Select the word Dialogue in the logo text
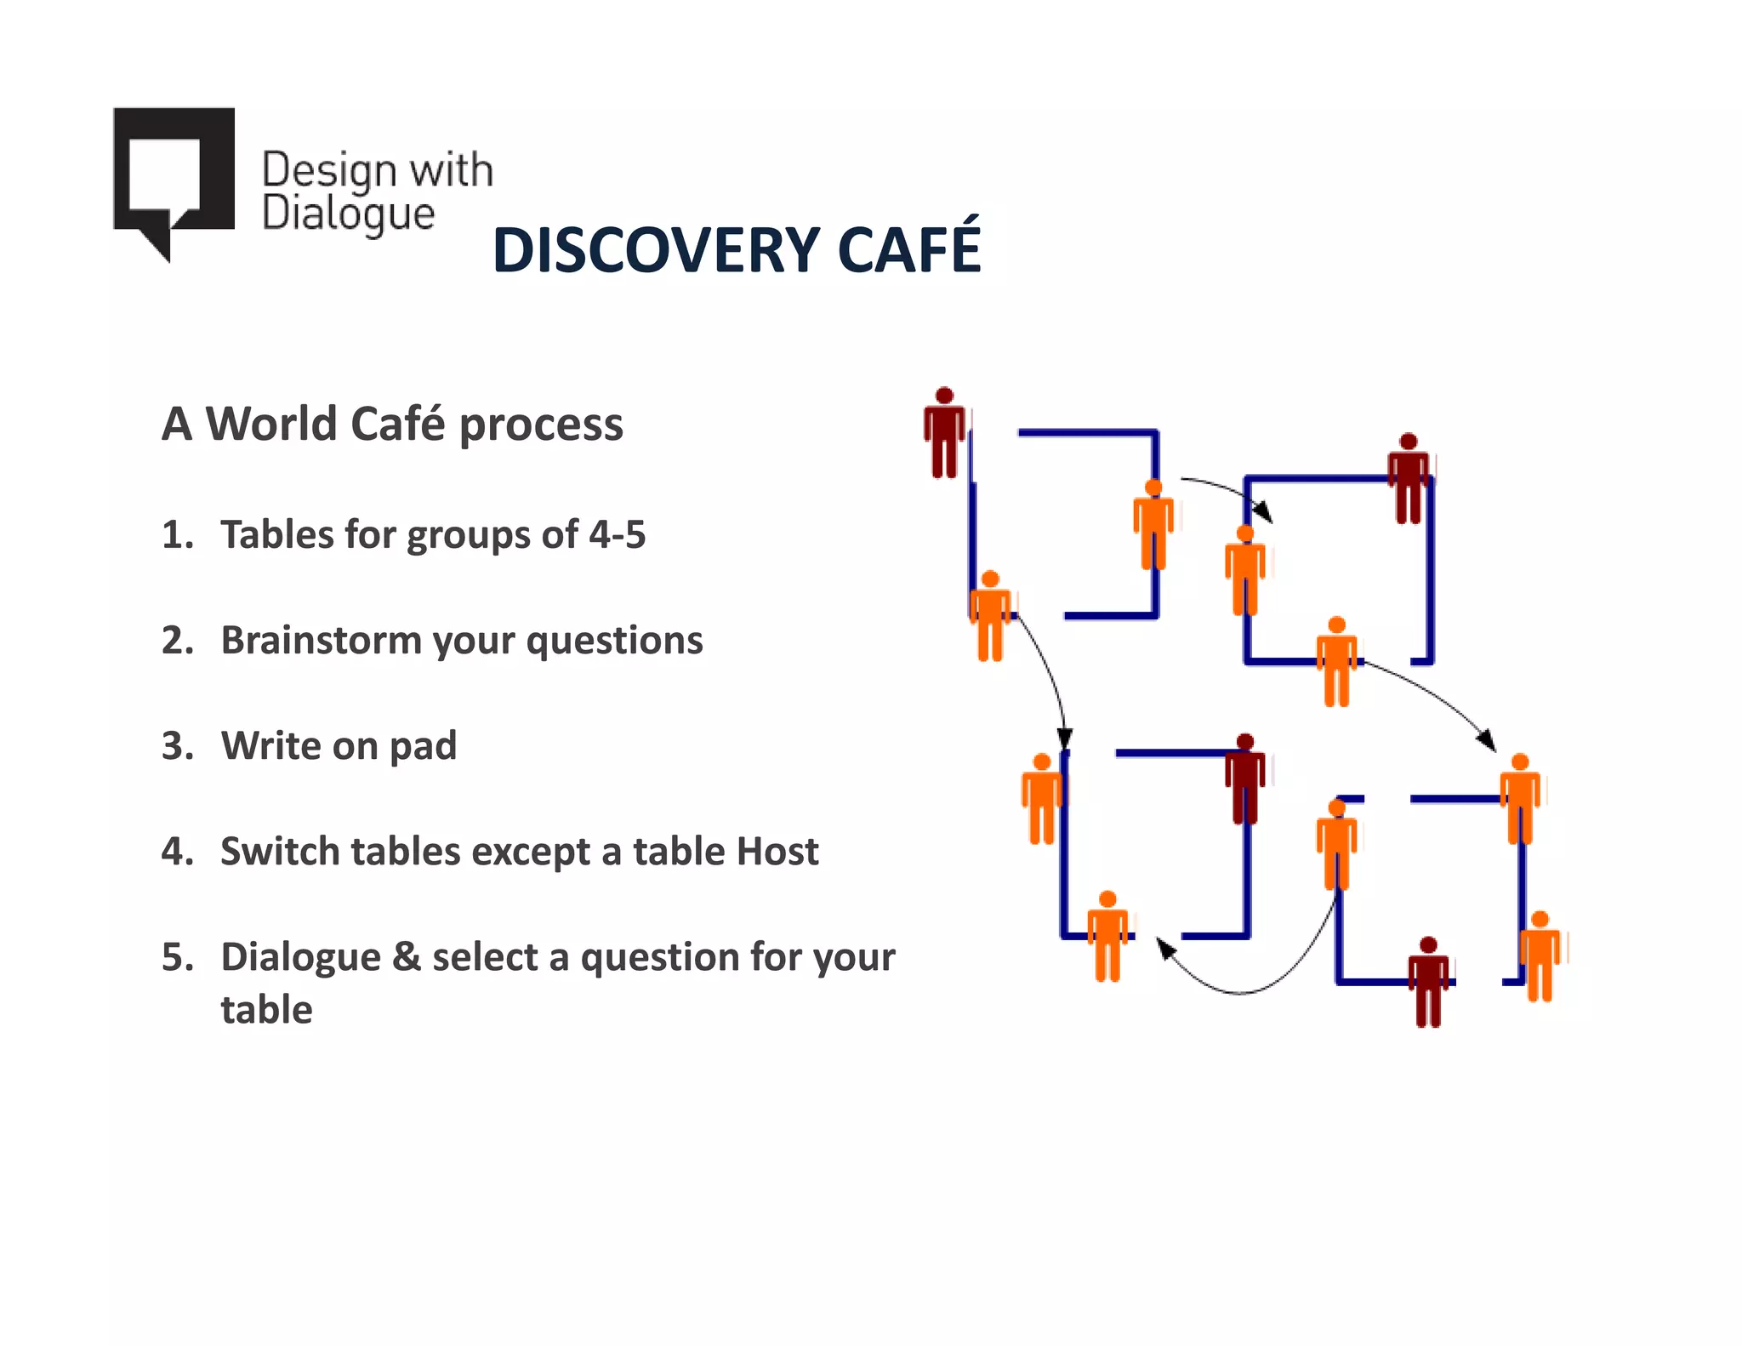click(348, 214)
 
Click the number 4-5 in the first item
click(618, 534)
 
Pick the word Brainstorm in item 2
click(321, 640)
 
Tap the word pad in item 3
click(423, 747)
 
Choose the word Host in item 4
click(777, 851)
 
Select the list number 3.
click(176, 745)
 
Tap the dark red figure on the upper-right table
click(1409, 478)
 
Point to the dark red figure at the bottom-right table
click(1429, 982)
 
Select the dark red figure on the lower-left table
click(1245, 778)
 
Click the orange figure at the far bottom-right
click(1540, 956)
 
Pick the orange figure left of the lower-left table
click(1042, 798)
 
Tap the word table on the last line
click(266, 1010)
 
